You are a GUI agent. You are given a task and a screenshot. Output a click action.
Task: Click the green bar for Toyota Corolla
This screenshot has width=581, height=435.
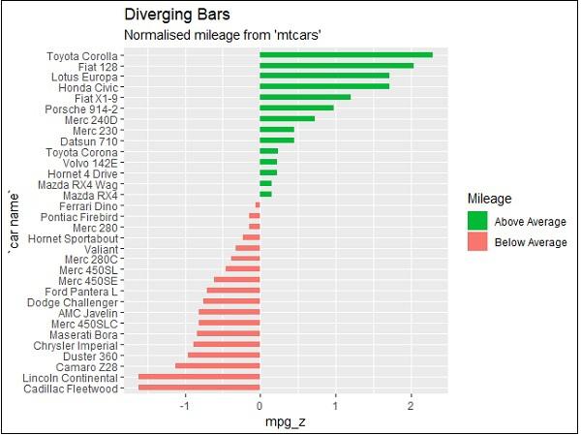[x=346, y=55]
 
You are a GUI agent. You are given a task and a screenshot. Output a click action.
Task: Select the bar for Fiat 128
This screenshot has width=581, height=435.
[x=336, y=66]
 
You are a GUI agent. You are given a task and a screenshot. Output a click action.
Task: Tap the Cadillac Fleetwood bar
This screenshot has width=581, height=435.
[x=199, y=388]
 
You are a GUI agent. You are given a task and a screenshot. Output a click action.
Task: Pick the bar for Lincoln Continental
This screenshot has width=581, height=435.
[x=199, y=377]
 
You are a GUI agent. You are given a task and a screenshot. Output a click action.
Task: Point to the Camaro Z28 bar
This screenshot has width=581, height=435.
[x=217, y=366]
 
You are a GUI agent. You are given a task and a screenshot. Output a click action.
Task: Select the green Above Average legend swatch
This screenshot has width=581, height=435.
[x=476, y=221]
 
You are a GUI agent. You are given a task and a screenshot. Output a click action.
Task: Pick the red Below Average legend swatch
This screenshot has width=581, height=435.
[x=476, y=242]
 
